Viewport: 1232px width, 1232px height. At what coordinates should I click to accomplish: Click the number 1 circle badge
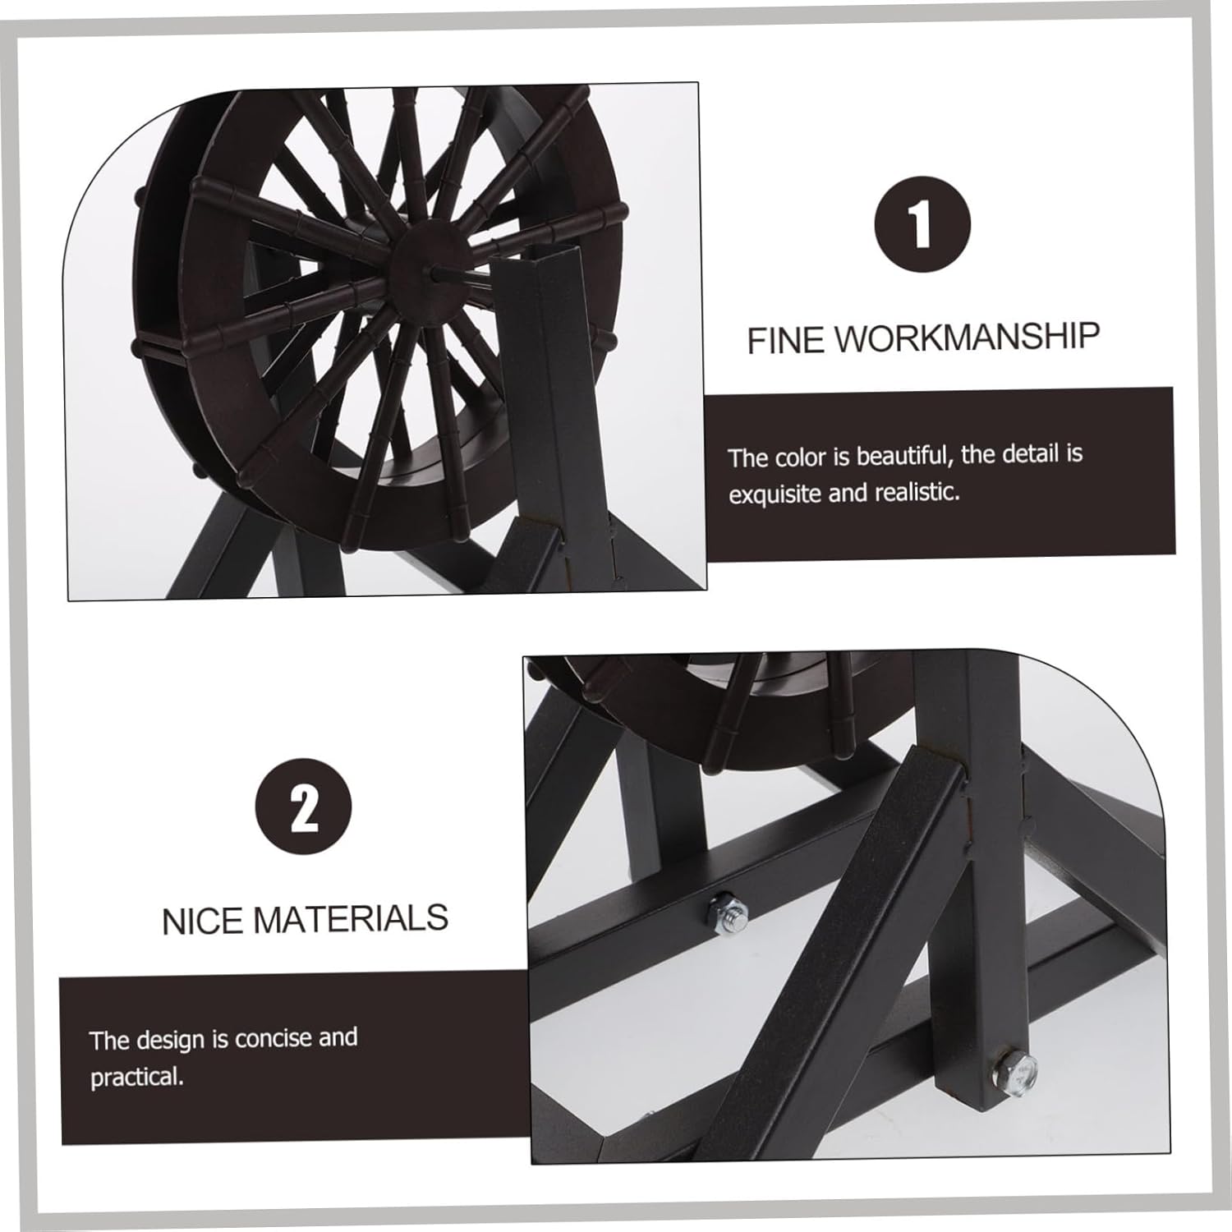[x=922, y=224]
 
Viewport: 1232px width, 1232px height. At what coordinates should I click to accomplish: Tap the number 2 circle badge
[x=304, y=807]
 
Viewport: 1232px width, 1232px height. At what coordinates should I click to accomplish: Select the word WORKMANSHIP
[x=968, y=338]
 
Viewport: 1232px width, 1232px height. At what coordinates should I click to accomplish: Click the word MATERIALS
[x=351, y=918]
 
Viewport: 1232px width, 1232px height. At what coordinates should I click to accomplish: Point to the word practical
[x=136, y=1077]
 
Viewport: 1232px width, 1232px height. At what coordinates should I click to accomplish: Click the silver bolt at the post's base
[x=1014, y=1071]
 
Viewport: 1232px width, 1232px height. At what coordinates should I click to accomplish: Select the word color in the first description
[x=800, y=457]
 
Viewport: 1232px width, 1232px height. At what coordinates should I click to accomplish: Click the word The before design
[x=109, y=1041]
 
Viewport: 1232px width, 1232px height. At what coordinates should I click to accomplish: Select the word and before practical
[x=338, y=1037]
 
